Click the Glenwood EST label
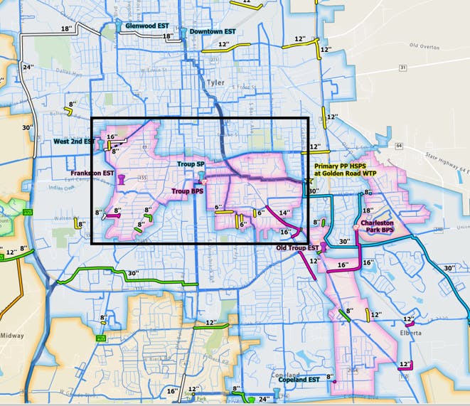pyautogui.click(x=146, y=26)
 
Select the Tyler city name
pyautogui.click(x=215, y=82)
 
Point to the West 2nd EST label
pyautogui.click(x=74, y=142)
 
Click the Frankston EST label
pyautogui.click(x=92, y=173)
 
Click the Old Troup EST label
pyautogui.click(x=297, y=247)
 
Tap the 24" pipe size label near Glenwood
pyautogui.click(x=28, y=67)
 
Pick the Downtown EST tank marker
pyautogui.click(x=183, y=33)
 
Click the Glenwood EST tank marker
pyautogui.click(x=119, y=26)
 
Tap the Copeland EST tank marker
pyautogui.click(x=277, y=392)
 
